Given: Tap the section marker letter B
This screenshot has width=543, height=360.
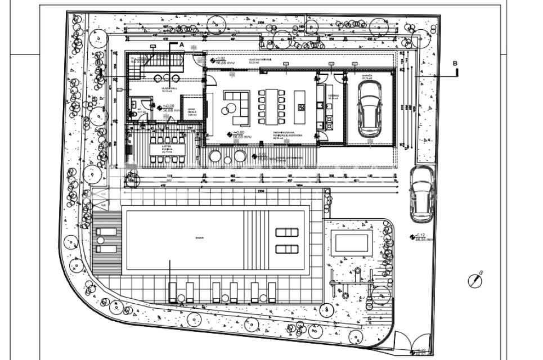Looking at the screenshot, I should [455, 64].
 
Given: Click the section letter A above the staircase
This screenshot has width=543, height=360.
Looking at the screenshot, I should [181, 44].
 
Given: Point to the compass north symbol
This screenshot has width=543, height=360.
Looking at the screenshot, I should [476, 280].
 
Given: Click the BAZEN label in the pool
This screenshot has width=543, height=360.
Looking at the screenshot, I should [199, 238].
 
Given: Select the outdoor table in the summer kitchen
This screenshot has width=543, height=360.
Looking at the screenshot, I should [165, 150].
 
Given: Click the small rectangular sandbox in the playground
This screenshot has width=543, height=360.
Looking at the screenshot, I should [352, 242].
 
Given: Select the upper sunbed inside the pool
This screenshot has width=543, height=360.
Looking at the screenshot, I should [288, 232].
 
